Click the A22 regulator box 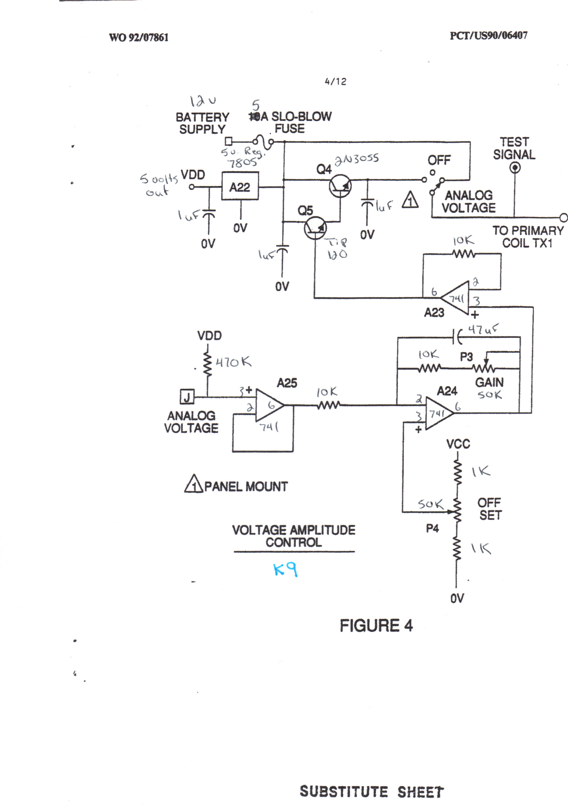tap(240, 186)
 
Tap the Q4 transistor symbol tap(340, 187)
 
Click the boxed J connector tap(187, 397)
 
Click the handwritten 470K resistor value tap(233, 362)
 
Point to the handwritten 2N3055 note tap(356, 160)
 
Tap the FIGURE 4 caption tap(376, 626)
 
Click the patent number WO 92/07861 tap(139, 37)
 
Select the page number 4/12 tap(335, 82)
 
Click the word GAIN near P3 tap(489, 382)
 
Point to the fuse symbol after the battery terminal tap(263, 142)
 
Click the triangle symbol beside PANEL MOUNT tap(193, 484)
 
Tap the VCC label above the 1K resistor tap(458, 444)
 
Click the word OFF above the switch tap(439, 161)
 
